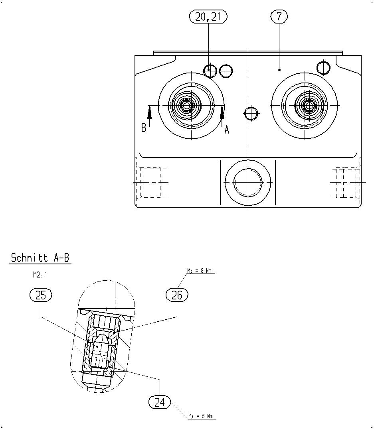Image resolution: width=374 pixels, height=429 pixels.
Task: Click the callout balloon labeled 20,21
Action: pyautogui.click(x=208, y=17)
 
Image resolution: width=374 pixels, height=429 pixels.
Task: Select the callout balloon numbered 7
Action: pyautogui.click(x=279, y=16)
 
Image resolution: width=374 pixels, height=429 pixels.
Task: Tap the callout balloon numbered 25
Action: pyautogui.click(x=41, y=295)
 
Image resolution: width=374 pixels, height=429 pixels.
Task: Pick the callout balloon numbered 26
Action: pyautogui.click(x=177, y=295)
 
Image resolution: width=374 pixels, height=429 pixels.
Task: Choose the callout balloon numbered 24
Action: pyautogui.click(x=160, y=402)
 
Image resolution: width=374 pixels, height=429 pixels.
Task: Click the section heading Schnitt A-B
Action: pyautogui.click(x=40, y=258)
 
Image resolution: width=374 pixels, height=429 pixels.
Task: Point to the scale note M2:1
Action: pyautogui.click(x=40, y=275)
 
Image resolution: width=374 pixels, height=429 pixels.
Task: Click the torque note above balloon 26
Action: pyautogui.click(x=200, y=271)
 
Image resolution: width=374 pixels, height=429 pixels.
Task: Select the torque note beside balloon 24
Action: pyautogui.click(x=200, y=416)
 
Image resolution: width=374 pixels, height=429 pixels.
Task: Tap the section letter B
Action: pyautogui.click(x=144, y=128)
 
